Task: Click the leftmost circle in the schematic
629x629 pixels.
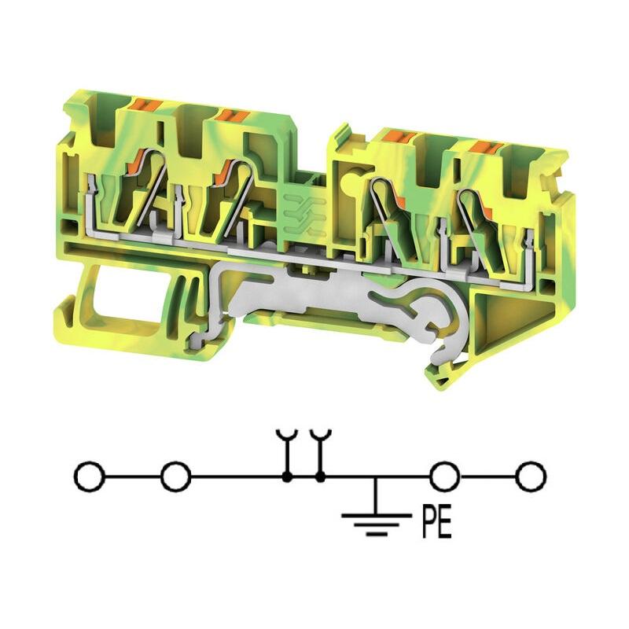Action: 89,476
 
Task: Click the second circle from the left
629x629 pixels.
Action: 175,476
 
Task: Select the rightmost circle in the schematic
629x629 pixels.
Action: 531,476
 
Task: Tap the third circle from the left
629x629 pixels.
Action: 444,476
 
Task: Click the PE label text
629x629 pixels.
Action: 437,522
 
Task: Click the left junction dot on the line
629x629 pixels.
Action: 287,477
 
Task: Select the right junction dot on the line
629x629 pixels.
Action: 320,477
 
